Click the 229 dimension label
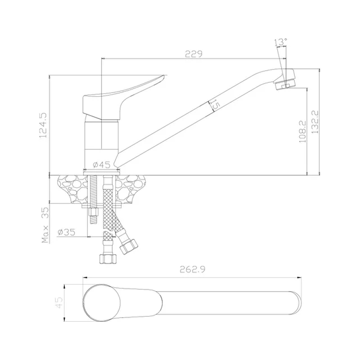click(194, 54)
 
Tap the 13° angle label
click(280, 42)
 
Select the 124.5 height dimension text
click(43, 125)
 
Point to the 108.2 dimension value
click(302, 132)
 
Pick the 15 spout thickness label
click(215, 105)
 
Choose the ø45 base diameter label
click(102, 164)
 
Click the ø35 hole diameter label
click(66, 232)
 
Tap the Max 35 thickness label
click(45, 225)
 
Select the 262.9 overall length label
click(192, 269)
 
